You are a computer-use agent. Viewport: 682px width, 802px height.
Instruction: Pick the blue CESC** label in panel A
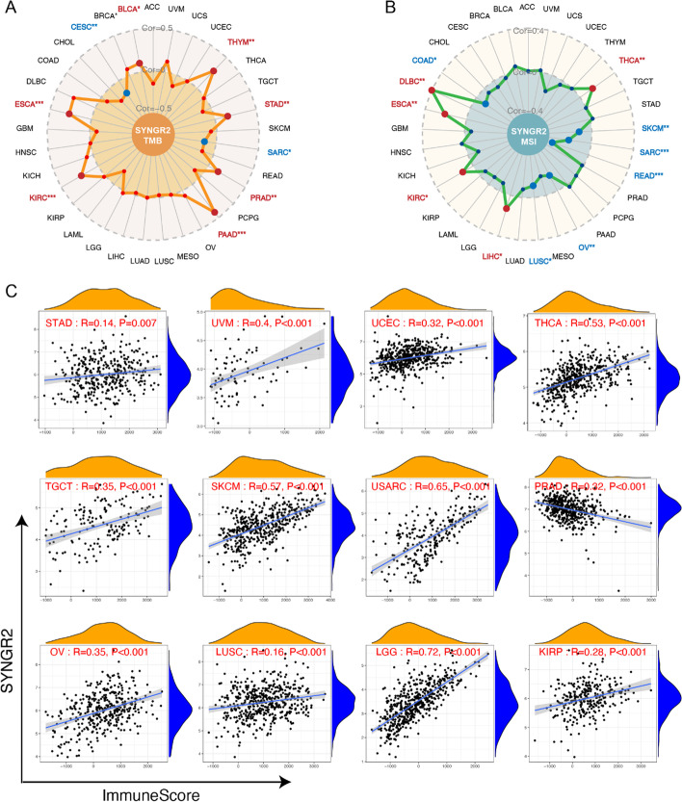pos(61,28)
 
